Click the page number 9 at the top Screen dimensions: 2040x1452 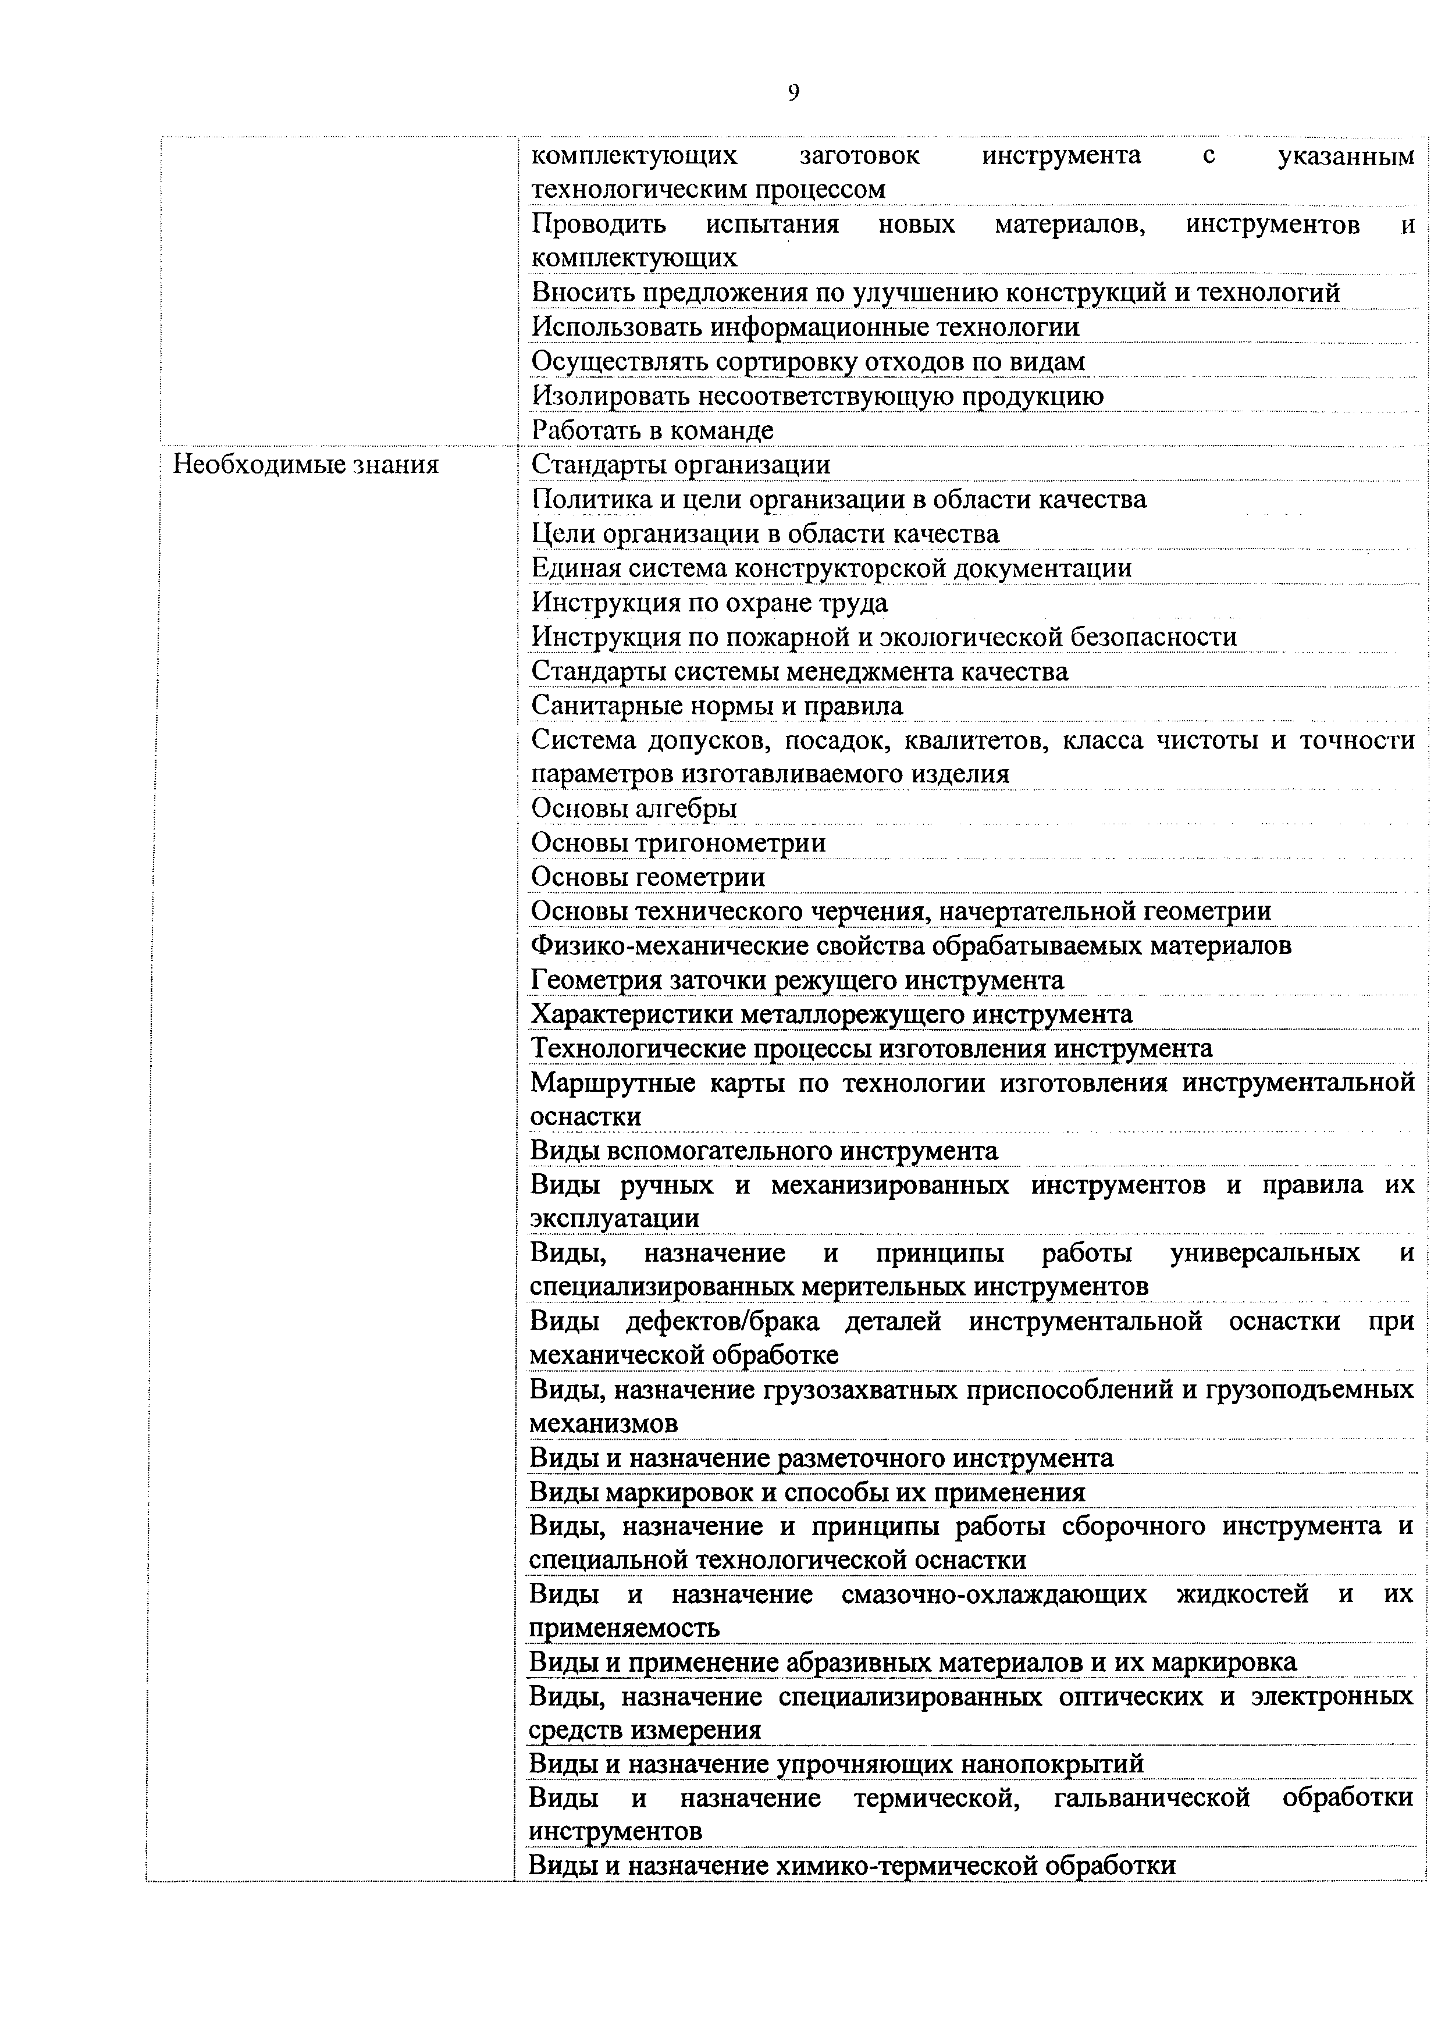tap(793, 93)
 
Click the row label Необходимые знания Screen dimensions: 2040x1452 tap(306, 465)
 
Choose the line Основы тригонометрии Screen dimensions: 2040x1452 tap(678, 842)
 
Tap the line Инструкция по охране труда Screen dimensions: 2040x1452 tap(709, 603)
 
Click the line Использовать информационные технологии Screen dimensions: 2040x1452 tap(805, 327)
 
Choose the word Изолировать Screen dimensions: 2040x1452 tap(611, 396)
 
